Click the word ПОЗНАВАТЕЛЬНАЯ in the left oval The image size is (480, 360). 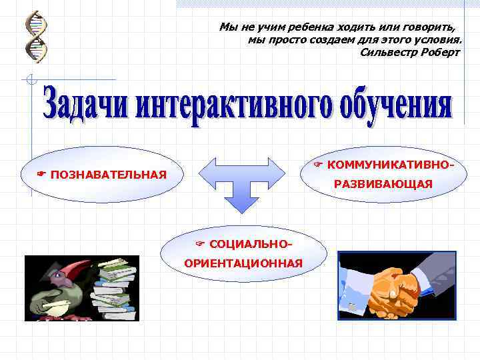108,175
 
